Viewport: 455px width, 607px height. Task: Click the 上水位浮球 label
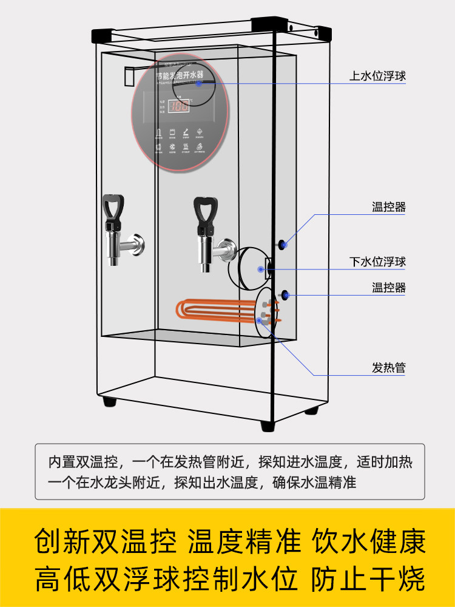[x=377, y=76]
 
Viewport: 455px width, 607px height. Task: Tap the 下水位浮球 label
[x=377, y=262]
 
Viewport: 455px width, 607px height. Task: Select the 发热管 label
[x=389, y=368]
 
